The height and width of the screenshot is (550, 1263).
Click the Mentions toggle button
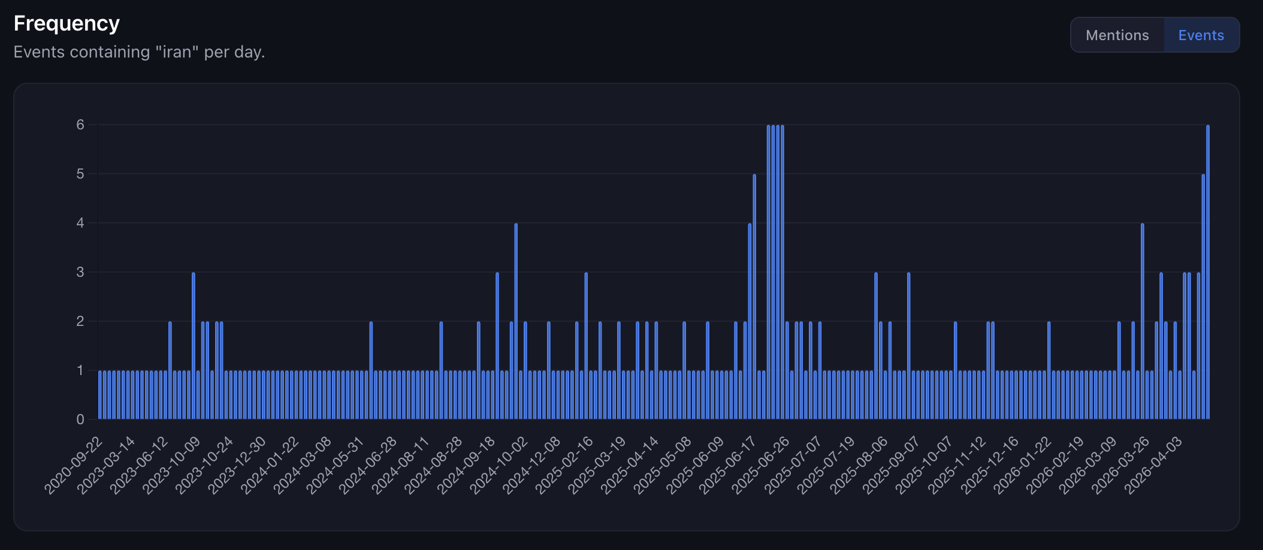[x=1117, y=35]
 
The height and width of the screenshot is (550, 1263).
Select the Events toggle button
[x=1201, y=35]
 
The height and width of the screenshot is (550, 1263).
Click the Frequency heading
[x=67, y=23]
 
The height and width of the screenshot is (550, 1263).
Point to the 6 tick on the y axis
[x=80, y=125]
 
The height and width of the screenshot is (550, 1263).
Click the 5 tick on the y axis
[x=80, y=174]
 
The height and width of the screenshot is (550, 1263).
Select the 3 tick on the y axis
[x=80, y=272]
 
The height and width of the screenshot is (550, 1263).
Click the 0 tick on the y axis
[x=80, y=419]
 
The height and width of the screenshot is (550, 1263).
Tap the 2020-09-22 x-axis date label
[x=74, y=466]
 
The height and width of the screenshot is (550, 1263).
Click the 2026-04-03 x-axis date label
[x=1153, y=466]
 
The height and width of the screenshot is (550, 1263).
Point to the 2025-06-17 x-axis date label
[x=728, y=466]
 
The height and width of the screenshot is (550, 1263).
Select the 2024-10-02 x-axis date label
[x=498, y=466]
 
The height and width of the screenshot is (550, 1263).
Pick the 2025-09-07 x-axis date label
[x=892, y=466]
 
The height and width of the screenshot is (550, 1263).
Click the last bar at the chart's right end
[x=1207, y=273]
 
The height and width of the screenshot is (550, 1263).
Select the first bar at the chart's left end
[x=100, y=395]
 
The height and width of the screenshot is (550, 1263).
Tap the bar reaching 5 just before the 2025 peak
[x=754, y=297]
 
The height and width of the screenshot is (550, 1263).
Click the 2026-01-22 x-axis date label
[x=1022, y=466]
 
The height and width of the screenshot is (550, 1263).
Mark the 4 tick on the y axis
[x=80, y=223]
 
